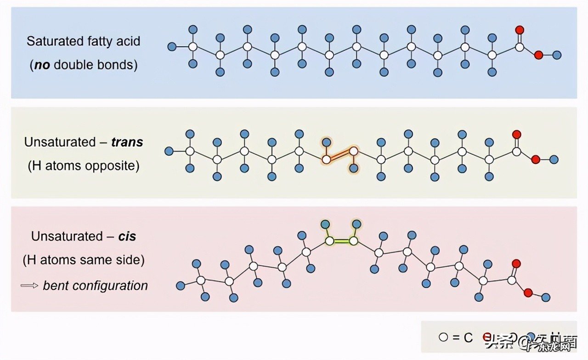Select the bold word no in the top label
coord(41,65)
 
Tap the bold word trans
coord(127,142)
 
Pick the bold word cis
coord(127,236)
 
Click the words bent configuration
coord(96,285)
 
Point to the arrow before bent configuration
coord(29,285)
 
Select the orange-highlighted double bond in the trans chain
coord(339,155)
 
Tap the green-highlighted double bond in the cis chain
coord(341,241)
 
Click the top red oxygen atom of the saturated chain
coord(520,30)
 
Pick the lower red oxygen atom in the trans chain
coord(536,160)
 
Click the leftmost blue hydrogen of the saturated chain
coord(172,46)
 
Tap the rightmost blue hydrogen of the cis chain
coord(546,297)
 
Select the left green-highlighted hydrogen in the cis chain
coord(325,224)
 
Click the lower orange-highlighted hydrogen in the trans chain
coord(353,169)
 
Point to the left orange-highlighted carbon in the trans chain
coord(326,160)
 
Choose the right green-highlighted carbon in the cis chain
coord(354,241)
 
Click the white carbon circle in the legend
coord(443,337)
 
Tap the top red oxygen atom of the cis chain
coord(516,264)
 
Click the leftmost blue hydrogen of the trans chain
coord(169,151)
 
